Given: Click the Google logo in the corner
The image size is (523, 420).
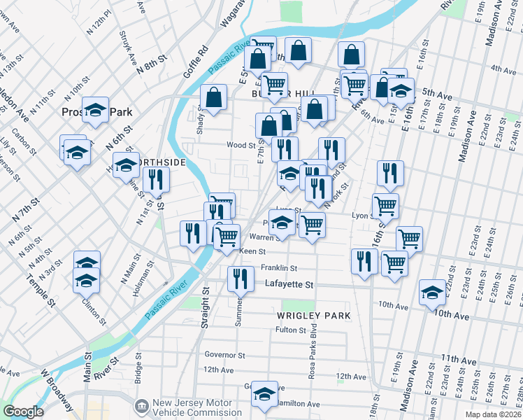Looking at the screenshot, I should point(23,412).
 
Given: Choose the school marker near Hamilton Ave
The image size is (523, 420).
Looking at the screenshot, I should point(265,395).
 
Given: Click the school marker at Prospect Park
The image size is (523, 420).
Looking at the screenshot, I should point(95,109).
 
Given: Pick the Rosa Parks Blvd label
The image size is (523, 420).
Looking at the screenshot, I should point(313,354).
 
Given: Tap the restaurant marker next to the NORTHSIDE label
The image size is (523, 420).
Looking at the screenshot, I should point(156,179).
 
